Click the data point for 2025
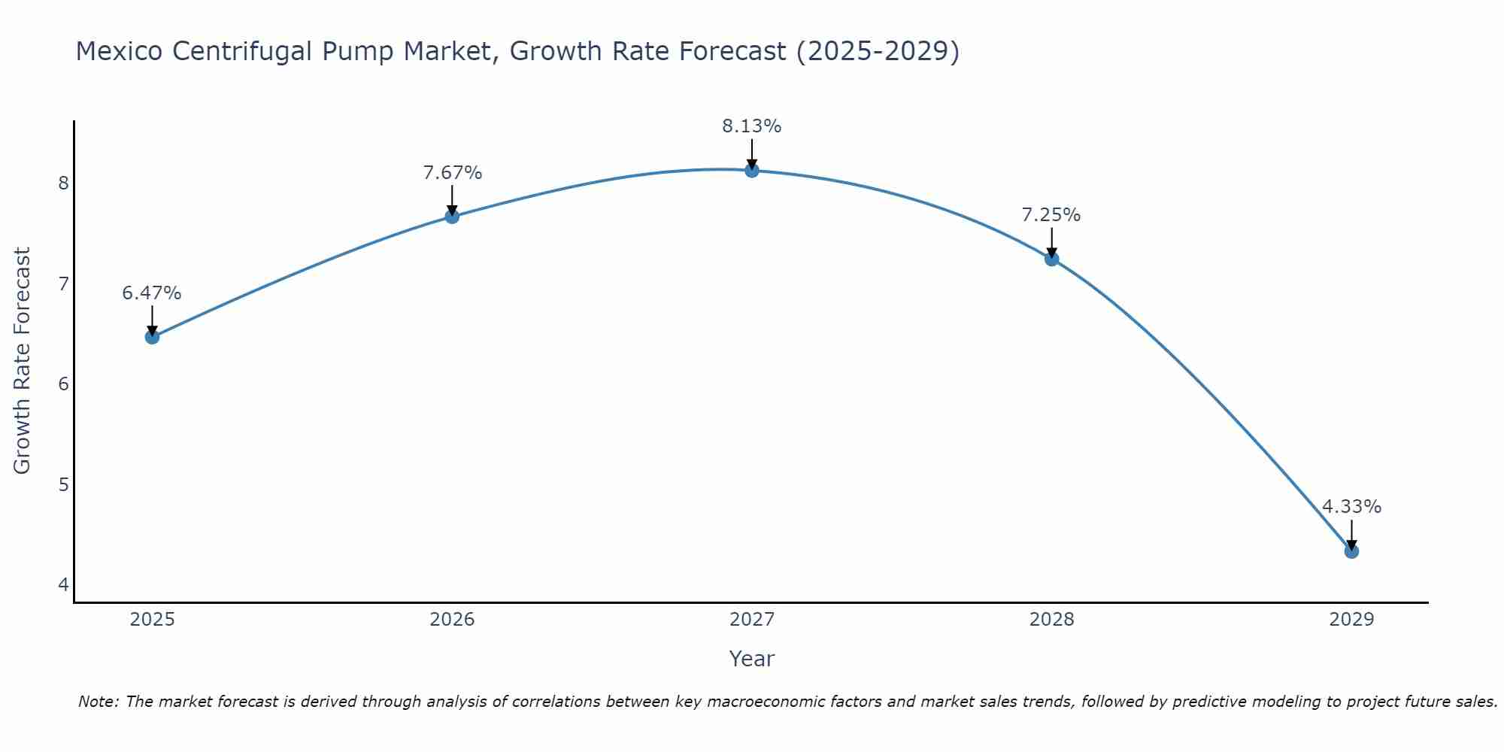[152, 337]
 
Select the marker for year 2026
[452, 217]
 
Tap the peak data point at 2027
[752, 171]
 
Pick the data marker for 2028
[1051, 259]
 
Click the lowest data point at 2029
[1351, 551]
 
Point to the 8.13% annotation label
[752, 126]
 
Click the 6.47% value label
[152, 293]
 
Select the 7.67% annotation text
[452, 173]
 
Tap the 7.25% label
[1051, 215]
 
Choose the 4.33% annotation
[1351, 507]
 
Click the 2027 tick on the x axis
[752, 620]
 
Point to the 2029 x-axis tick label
[1351, 620]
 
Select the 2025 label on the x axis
[152, 620]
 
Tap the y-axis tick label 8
[63, 183]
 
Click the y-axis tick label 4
[63, 585]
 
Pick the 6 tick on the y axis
[63, 384]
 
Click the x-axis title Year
[752, 659]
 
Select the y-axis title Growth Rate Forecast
[23, 361]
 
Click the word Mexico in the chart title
[119, 51]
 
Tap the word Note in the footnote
[98, 702]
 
